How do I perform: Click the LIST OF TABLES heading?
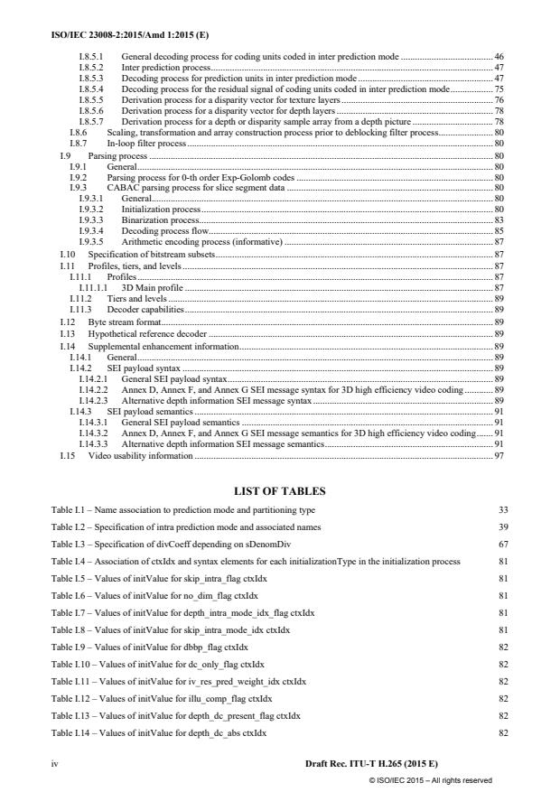279,491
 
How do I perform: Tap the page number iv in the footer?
55,764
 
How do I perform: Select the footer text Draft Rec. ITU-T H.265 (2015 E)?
372,764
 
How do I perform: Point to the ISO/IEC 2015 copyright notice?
430,779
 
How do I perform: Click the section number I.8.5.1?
90,57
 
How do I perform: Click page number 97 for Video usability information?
499,456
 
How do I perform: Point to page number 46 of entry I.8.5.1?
499,57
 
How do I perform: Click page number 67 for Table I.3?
503,545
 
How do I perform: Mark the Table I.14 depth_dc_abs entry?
158,733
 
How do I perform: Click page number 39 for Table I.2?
503,527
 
